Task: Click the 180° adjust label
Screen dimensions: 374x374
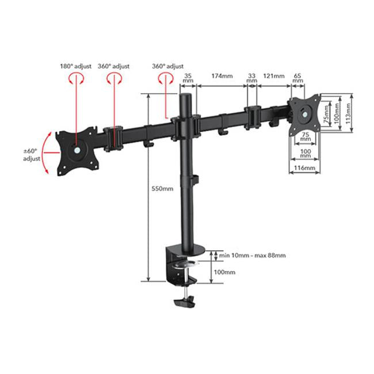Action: click(75, 66)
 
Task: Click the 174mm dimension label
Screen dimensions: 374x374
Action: click(222, 75)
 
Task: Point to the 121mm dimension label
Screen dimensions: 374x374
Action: click(274, 75)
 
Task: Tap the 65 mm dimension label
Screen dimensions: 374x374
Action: click(297, 78)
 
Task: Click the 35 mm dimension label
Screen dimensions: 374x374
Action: click(188, 78)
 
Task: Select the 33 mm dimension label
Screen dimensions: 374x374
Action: click(251, 78)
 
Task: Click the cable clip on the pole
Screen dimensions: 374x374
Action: click(196, 180)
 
